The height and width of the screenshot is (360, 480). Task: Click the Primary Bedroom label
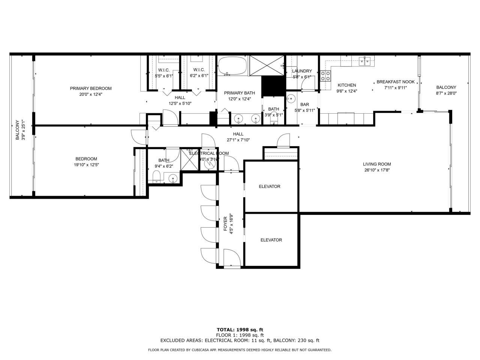(91, 88)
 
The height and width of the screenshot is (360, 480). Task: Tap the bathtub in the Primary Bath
(232, 66)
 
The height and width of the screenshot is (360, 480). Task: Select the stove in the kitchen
(325, 76)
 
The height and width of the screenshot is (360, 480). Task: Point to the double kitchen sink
(364, 60)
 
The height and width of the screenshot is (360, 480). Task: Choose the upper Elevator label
(270, 186)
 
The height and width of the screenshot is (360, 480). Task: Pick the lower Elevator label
(271, 240)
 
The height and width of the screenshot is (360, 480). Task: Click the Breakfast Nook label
(395, 82)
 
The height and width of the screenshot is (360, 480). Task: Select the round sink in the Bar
(291, 99)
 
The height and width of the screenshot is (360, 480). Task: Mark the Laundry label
(302, 71)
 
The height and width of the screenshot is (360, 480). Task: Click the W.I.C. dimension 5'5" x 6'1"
(164, 76)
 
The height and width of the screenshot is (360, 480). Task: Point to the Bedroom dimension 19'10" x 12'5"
(86, 165)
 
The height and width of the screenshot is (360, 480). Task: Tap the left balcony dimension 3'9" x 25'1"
(23, 130)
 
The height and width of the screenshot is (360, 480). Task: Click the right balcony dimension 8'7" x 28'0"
(446, 93)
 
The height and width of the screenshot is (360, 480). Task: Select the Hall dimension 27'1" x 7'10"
(238, 140)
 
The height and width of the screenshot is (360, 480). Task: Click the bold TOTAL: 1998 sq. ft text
(240, 330)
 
